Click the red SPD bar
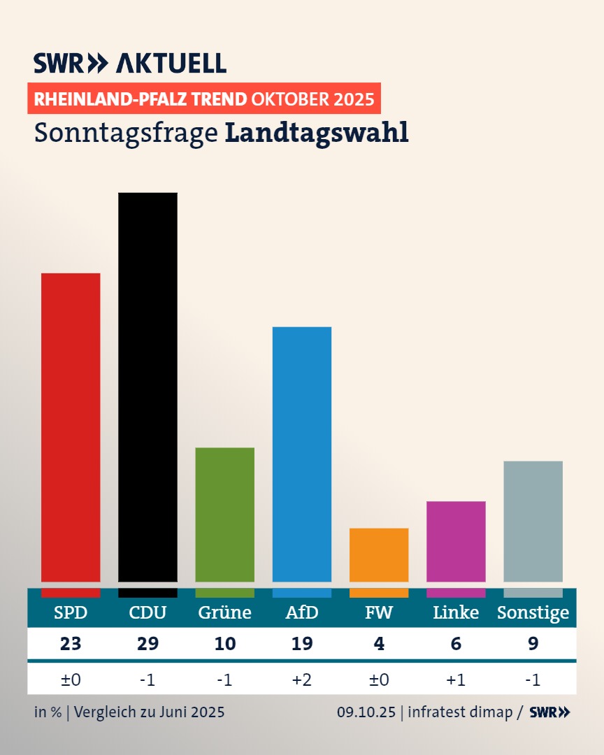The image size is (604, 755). click(x=71, y=426)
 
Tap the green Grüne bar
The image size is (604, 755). click(x=224, y=514)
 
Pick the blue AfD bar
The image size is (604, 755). click(x=302, y=454)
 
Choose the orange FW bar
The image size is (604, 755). click(x=379, y=554)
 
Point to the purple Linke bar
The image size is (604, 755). click(x=456, y=541)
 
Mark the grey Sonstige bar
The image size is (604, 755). click(x=533, y=521)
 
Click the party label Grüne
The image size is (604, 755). click(x=224, y=613)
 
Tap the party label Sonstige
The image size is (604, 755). click(x=533, y=613)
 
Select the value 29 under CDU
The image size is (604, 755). click(x=148, y=644)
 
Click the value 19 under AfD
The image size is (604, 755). click(x=302, y=644)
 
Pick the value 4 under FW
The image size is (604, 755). click(x=379, y=644)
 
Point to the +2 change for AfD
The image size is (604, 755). click(x=302, y=679)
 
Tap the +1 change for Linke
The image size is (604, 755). click(x=456, y=679)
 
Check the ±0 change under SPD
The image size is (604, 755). click(x=71, y=679)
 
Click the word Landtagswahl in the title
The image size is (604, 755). click(x=317, y=133)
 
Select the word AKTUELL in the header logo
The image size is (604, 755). click(x=171, y=63)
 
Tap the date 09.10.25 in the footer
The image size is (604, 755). click(x=366, y=712)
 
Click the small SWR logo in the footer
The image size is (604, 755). click(x=549, y=712)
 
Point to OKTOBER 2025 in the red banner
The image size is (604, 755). click(x=312, y=99)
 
